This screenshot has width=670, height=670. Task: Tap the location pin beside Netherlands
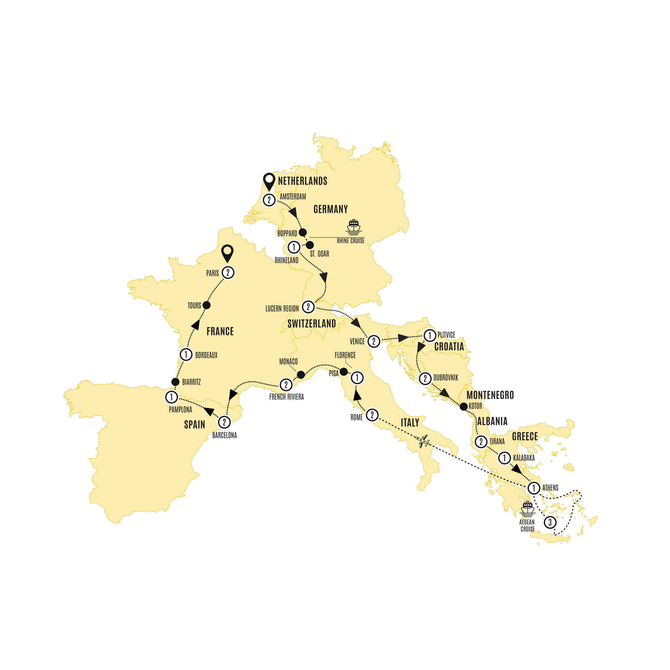click(x=269, y=181)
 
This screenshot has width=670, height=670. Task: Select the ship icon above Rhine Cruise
click(x=353, y=227)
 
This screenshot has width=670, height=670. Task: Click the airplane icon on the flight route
click(x=423, y=441)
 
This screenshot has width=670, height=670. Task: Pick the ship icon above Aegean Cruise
click(x=528, y=509)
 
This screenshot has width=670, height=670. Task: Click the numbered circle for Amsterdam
click(x=269, y=200)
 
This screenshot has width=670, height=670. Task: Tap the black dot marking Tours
click(x=206, y=305)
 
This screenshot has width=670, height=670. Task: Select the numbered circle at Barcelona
click(x=224, y=422)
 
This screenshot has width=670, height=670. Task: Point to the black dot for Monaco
click(x=301, y=375)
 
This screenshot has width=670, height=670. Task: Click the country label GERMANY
click(x=331, y=209)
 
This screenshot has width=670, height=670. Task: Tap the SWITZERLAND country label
click(x=311, y=324)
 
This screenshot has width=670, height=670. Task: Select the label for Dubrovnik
click(x=446, y=378)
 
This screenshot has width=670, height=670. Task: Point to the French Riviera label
click(x=286, y=397)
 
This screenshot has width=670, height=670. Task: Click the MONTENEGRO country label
click(x=490, y=395)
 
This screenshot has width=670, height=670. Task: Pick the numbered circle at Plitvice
click(x=430, y=335)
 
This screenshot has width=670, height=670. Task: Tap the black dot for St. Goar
click(x=310, y=245)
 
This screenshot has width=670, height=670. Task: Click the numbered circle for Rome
click(x=372, y=415)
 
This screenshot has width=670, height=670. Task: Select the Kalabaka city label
click(x=524, y=458)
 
